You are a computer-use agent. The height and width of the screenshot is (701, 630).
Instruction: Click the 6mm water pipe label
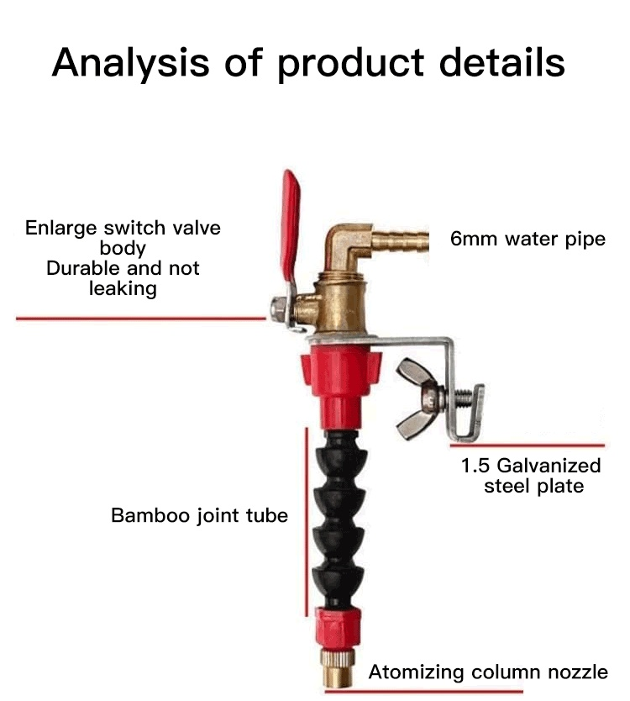[x=528, y=239]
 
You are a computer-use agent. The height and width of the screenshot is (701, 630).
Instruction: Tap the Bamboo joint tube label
[x=199, y=514]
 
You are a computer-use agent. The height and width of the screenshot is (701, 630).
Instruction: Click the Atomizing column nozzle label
[x=487, y=672]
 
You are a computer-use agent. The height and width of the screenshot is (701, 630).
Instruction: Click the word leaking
[x=123, y=289]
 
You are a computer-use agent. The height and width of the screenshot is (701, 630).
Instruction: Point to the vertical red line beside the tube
[x=307, y=521]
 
